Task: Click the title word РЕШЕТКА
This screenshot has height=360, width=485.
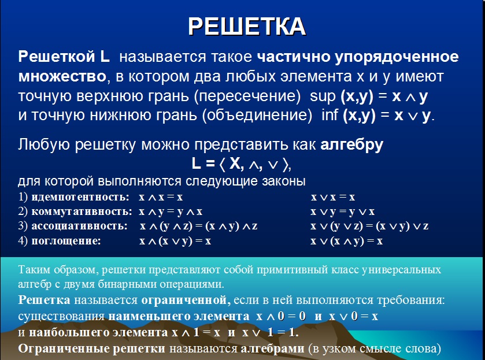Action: coord(247,27)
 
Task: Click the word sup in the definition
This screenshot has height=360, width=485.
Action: coord(323,96)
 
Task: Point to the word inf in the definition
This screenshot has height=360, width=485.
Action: coord(329,115)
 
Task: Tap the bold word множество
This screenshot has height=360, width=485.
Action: coord(62,77)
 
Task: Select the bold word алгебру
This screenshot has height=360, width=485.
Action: coord(351,144)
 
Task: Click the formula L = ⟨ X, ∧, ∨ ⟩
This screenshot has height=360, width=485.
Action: coord(241,164)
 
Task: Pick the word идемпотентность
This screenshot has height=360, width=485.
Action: coord(80,197)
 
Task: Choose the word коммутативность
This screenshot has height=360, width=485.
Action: coord(82,211)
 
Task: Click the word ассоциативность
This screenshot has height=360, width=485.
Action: coord(80,226)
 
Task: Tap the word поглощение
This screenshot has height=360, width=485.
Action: coord(66,241)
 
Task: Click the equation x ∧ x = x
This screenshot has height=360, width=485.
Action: coord(161,197)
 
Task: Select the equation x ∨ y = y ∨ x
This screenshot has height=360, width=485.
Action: coord(342,212)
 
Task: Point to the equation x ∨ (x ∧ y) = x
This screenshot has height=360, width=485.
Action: coord(346,241)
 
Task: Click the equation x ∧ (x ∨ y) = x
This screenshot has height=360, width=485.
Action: coord(175,241)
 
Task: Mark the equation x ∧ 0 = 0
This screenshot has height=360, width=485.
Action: coord(281,317)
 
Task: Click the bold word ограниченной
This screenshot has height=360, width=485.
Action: coord(186,300)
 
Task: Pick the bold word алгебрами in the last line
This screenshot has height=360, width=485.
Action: coord(272,348)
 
